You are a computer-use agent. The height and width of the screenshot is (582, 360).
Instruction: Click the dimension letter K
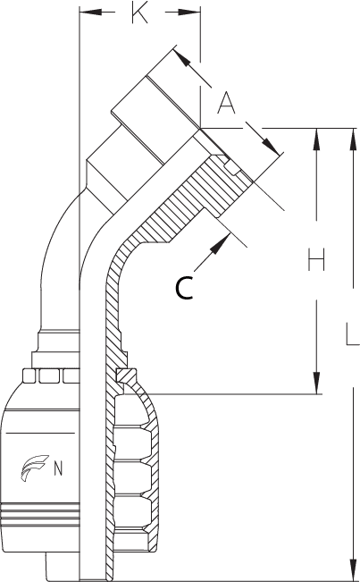(x=139, y=13)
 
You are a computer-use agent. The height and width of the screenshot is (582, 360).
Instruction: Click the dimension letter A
(x=226, y=103)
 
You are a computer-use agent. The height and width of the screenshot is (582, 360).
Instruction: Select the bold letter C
(x=184, y=288)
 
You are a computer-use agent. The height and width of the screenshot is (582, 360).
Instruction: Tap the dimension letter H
(x=316, y=259)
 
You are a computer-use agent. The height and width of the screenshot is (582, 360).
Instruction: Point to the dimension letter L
(x=352, y=334)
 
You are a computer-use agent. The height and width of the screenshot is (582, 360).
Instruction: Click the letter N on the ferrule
(x=58, y=468)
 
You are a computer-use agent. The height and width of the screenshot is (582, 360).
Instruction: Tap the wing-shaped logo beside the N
(x=34, y=468)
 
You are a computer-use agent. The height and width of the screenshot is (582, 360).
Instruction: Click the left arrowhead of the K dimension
(x=91, y=13)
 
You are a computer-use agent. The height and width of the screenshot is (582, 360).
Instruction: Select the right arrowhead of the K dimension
(x=189, y=13)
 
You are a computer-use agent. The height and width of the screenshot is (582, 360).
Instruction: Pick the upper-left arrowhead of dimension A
(x=181, y=57)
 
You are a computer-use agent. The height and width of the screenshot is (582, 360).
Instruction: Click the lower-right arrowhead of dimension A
(x=271, y=147)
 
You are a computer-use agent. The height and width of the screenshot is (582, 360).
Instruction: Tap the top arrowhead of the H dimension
(x=316, y=139)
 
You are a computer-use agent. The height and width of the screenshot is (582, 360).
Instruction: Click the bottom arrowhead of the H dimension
(x=316, y=383)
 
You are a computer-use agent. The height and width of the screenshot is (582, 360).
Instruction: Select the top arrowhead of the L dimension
(x=353, y=139)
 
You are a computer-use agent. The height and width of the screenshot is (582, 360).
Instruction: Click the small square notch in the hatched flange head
(x=231, y=168)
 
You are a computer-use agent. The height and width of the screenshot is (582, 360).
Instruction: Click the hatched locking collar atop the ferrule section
(x=126, y=375)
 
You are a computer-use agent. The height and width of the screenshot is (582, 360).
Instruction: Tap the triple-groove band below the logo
(x=40, y=514)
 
